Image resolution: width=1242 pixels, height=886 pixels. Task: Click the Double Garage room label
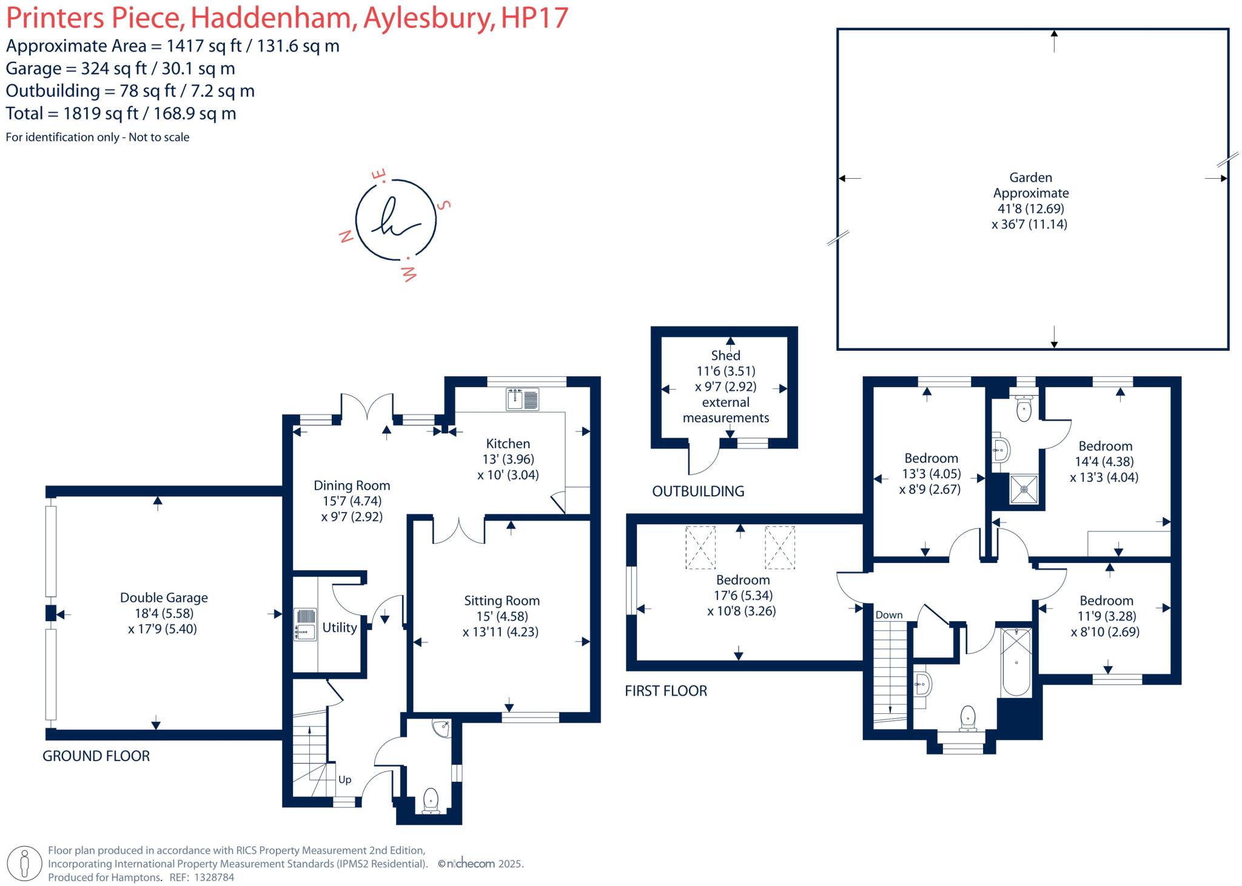[164, 598]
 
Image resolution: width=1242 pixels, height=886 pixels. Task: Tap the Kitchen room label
[508, 444]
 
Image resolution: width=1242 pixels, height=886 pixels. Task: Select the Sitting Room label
[502, 601]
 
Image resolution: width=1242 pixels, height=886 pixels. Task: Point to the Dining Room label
[352, 485]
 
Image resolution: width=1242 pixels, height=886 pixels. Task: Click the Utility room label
[340, 627]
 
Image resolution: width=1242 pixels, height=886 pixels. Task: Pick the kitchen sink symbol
[522, 400]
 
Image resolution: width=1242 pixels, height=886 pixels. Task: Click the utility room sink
[305, 624]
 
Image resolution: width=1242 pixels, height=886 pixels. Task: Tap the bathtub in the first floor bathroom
[1016, 662]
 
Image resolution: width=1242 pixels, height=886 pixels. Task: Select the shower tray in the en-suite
[1024, 489]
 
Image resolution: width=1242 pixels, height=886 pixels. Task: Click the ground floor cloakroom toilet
[431, 800]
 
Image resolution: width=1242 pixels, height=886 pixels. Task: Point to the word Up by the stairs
[344, 780]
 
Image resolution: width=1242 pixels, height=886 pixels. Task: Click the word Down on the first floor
[889, 615]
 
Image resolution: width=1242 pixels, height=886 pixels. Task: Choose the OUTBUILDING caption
[698, 491]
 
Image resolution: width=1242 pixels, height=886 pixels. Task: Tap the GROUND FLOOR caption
[96, 756]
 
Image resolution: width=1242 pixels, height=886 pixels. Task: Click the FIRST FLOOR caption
[666, 691]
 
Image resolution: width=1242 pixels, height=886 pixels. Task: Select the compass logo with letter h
[396, 220]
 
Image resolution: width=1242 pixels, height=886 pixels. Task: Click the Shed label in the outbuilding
[725, 356]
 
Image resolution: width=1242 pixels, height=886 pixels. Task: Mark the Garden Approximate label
[1030, 185]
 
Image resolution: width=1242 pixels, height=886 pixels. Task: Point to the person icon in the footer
[25, 863]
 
